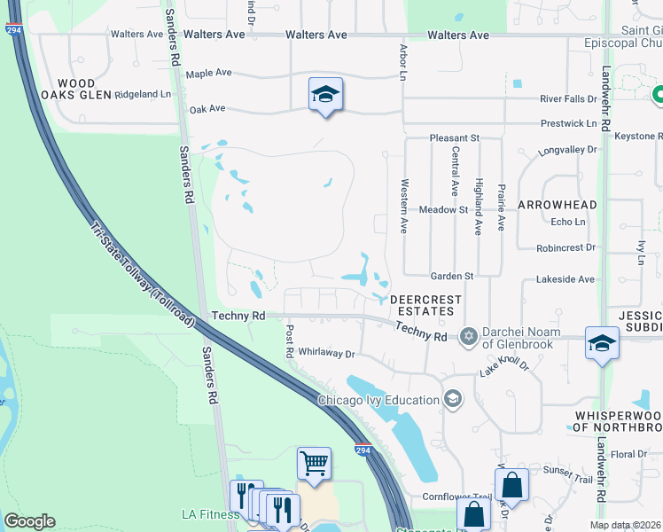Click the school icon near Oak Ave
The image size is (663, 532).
(325, 94)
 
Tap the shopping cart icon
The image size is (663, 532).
(314, 464)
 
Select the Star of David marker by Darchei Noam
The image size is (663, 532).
(468, 335)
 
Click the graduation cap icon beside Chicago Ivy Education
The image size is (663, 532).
(453, 399)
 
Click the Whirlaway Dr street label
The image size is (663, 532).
(326, 353)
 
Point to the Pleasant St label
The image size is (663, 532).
(454, 138)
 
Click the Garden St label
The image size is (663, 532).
(452, 276)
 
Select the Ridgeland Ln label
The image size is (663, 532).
(143, 94)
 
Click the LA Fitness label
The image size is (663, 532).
(210, 514)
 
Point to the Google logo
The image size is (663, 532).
(29, 521)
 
